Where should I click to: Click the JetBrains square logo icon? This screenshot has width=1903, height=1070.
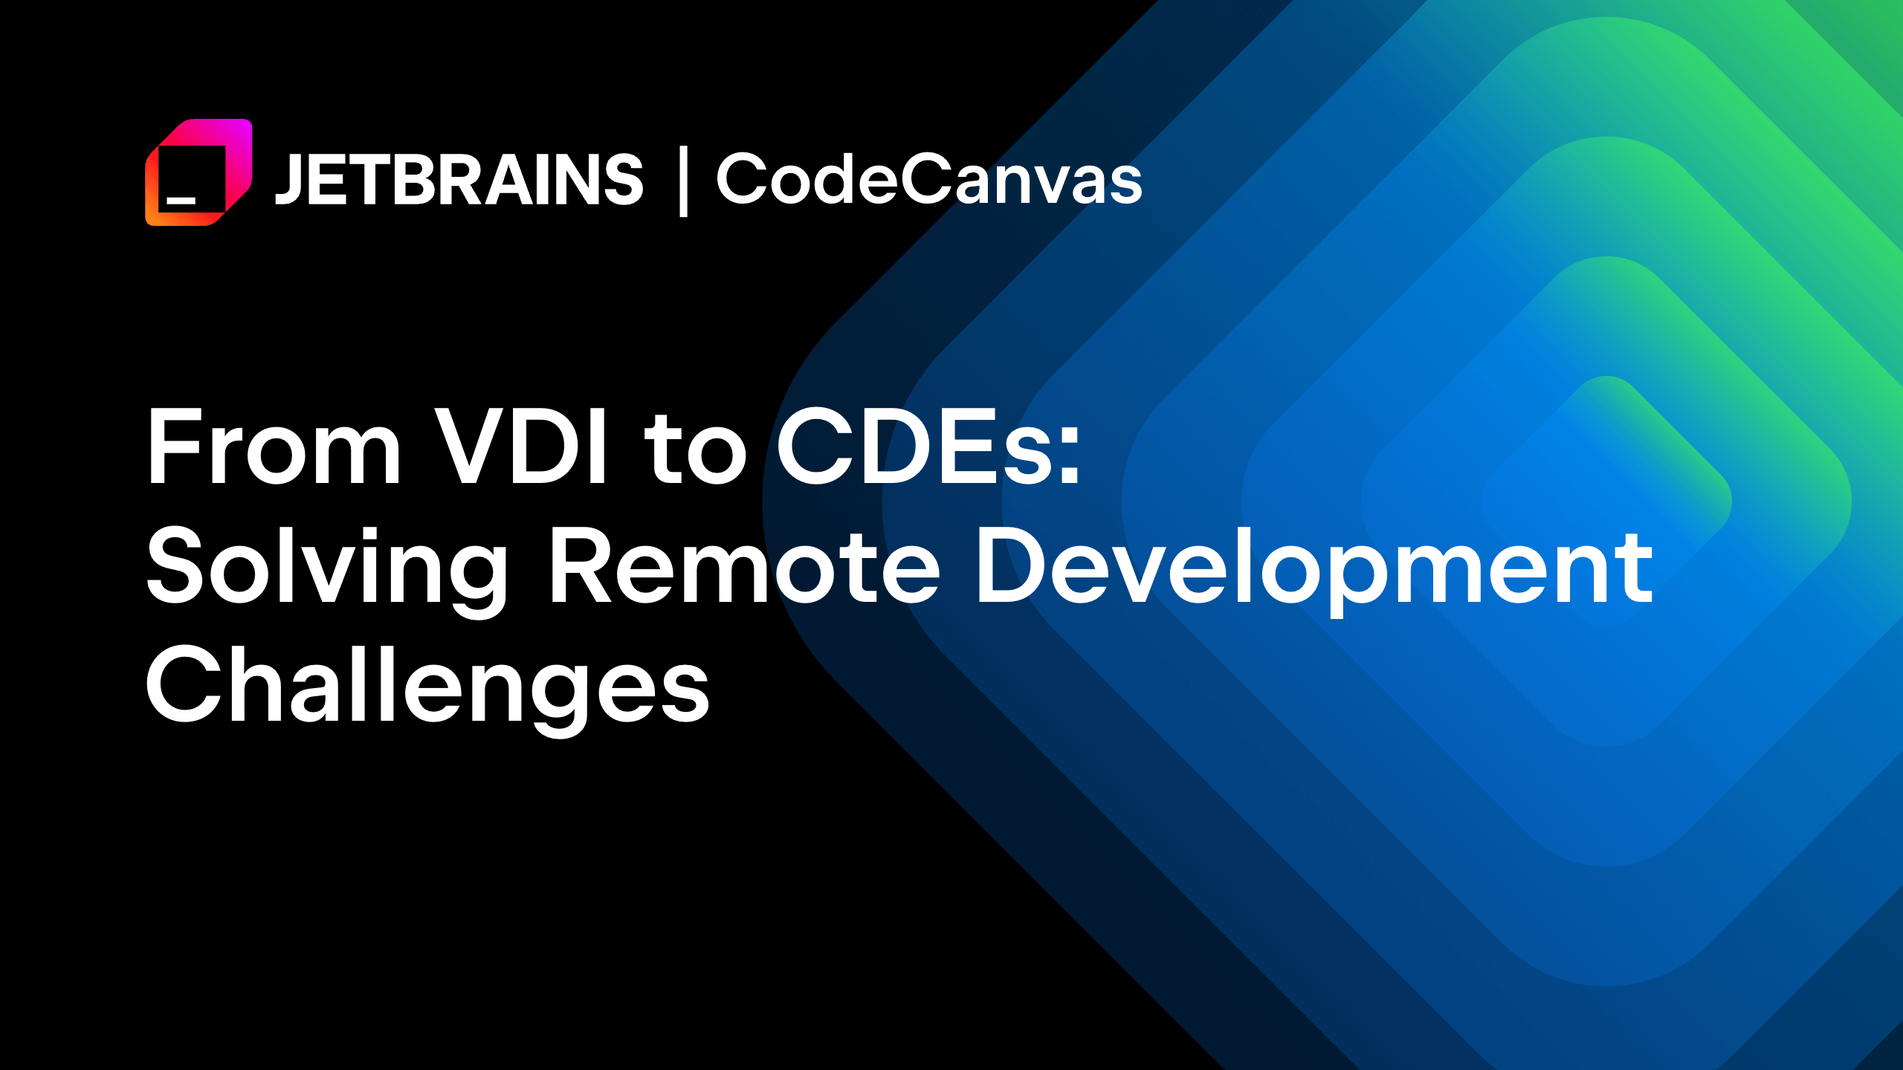coord(198,172)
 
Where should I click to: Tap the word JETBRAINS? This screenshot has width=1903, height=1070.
coord(459,179)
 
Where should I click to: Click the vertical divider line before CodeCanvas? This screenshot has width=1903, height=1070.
coord(683,182)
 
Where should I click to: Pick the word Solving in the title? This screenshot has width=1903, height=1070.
coord(327,568)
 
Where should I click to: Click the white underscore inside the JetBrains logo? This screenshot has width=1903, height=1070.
coord(181,200)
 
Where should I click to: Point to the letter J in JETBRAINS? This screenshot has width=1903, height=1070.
coord(288,180)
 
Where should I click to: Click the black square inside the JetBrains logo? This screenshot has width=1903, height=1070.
coord(192,179)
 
